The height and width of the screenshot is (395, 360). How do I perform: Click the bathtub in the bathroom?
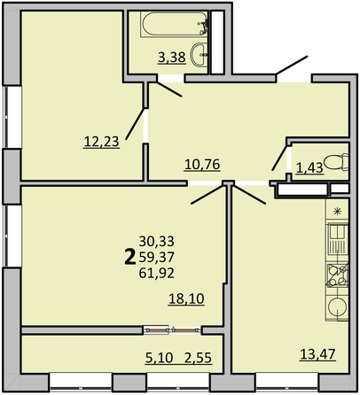[169, 30]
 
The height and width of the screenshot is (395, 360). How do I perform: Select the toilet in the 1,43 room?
[335, 163]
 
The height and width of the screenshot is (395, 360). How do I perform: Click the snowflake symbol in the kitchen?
[337, 211]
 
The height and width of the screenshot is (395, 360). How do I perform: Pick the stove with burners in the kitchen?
[337, 275]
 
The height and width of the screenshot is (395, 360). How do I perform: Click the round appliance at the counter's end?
[337, 307]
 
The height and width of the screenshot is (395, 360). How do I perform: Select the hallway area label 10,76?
[202, 163]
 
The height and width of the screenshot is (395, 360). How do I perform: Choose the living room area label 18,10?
[187, 299]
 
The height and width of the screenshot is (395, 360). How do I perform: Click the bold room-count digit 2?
[129, 257]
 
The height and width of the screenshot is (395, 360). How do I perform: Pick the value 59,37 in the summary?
[157, 256]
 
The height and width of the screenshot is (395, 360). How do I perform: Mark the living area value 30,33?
[157, 240]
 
